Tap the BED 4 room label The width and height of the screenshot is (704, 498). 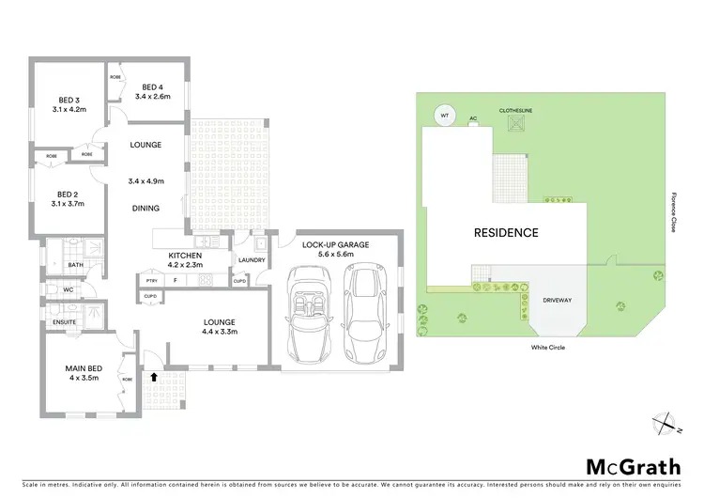click(152, 86)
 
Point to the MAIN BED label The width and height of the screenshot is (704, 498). click(83, 368)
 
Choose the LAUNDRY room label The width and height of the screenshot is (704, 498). click(253, 260)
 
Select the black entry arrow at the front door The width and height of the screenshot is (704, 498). click(154, 377)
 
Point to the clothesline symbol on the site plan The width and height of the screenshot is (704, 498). click(515, 125)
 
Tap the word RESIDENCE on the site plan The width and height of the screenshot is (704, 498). click(505, 232)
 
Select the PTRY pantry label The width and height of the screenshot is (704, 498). click(150, 280)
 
